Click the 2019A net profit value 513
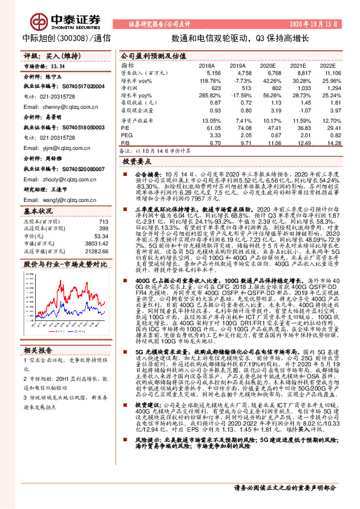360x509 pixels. (x=238, y=88)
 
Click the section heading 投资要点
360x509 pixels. (x=136, y=162)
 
